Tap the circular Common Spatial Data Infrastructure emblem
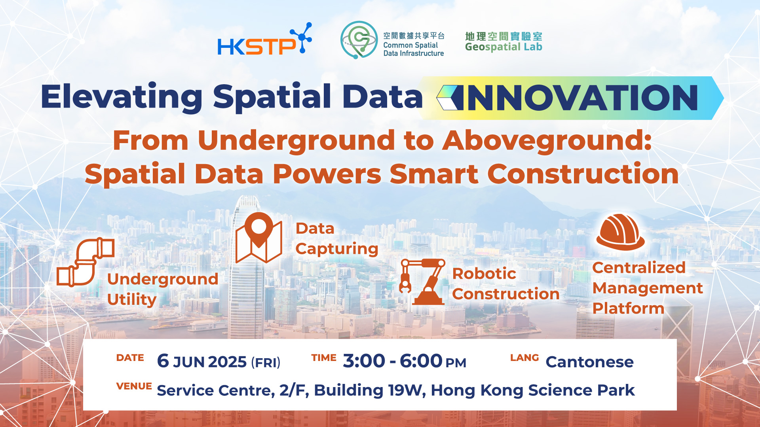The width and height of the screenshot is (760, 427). point(359,40)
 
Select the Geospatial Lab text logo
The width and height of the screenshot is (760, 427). point(503,42)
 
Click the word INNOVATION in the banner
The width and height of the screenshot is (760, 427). point(582,98)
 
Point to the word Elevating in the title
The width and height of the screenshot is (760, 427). point(122,97)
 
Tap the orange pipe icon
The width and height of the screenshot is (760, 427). point(85,262)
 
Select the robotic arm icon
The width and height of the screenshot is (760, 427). point(422,282)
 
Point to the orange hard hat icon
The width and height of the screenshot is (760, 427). point(620,232)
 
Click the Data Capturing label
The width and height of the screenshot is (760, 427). point(337,239)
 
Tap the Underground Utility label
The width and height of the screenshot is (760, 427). point(163,289)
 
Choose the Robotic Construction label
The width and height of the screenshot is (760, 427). point(506,284)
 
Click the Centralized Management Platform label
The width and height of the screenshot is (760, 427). point(648,288)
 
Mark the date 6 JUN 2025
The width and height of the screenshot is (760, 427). point(202,361)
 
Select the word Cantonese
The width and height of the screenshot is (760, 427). point(589,362)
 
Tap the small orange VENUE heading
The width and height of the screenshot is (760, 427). point(134,386)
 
